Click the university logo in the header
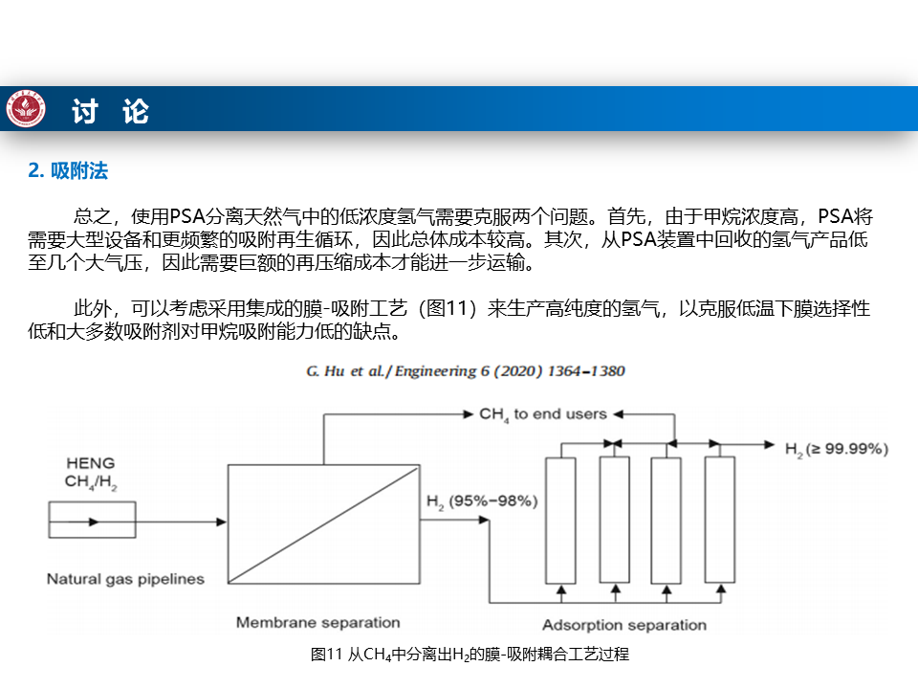pos(26,109)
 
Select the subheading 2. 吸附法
pos(68,170)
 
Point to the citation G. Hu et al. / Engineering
pos(466,370)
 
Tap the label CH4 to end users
pos(542,414)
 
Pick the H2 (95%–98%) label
pos(482,500)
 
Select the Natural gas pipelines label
pos(125,578)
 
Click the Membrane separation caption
pos(317,622)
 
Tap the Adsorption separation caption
pos(623,625)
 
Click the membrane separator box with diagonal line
pos(322,522)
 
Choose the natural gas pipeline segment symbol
pos(91,522)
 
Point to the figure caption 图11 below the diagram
pos(470,655)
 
